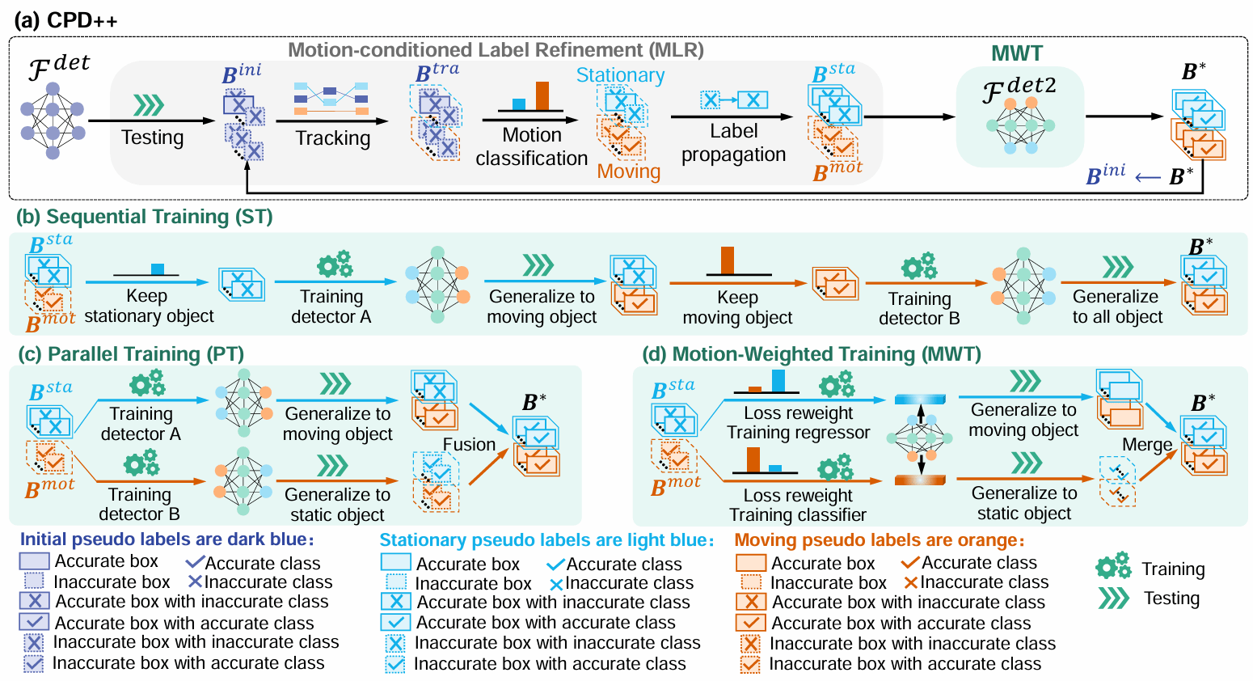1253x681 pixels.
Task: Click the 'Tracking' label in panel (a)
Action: pyautogui.click(x=332, y=138)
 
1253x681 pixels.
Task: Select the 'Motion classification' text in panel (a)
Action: pyautogui.click(x=531, y=146)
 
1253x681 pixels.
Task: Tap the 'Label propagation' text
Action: pyautogui.click(x=733, y=143)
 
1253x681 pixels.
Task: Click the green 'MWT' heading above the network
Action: pyautogui.click(x=1017, y=53)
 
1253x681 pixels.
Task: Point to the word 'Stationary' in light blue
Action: pyautogui.click(x=620, y=75)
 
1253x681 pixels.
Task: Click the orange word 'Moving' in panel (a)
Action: pyautogui.click(x=629, y=171)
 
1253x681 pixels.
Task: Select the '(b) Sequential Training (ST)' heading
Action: pyautogui.click(x=145, y=217)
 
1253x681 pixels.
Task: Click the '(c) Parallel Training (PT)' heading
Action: pyautogui.click(x=130, y=354)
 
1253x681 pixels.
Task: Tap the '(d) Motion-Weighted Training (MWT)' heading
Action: pyautogui.click(x=812, y=354)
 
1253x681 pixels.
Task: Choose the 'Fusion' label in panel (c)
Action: pyautogui.click(x=469, y=444)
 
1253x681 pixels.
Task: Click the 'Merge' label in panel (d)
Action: pyautogui.click(x=1146, y=445)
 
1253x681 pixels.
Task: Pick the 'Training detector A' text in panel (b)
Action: pyautogui.click(x=331, y=307)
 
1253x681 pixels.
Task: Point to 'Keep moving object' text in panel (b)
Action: pyautogui.click(x=737, y=307)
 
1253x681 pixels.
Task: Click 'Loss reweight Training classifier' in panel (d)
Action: pyautogui.click(x=798, y=505)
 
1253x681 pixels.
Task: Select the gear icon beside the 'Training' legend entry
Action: pyautogui.click(x=1113, y=567)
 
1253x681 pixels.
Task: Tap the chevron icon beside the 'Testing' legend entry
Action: pyautogui.click(x=1113, y=598)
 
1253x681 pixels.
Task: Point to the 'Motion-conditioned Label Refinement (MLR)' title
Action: pyautogui.click(x=496, y=50)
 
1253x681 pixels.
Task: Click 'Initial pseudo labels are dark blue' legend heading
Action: pyautogui.click(x=167, y=539)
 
